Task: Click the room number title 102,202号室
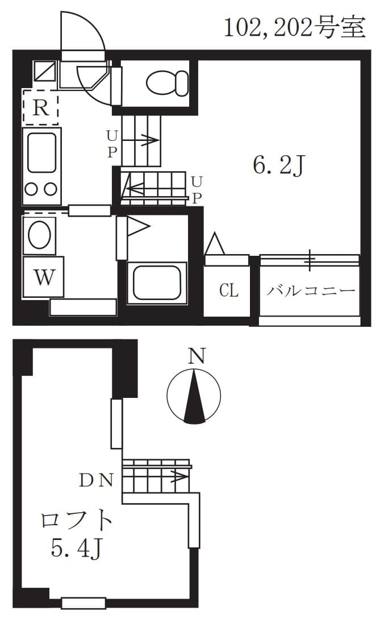pyautogui.click(x=294, y=27)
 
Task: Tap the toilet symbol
pyautogui.click(x=167, y=83)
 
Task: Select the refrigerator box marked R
pyautogui.click(x=41, y=107)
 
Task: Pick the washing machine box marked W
pyautogui.click(x=43, y=278)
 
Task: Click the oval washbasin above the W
pyautogui.click(x=39, y=234)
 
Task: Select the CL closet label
pyautogui.click(x=229, y=291)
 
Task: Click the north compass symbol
pyautogui.click(x=194, y=396)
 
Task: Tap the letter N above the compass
pyautogui.click(x=197, y=356)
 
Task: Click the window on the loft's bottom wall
pyautogui.click(x=84, y=603)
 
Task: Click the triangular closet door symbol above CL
pyautogui.click(x=214, y=244)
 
